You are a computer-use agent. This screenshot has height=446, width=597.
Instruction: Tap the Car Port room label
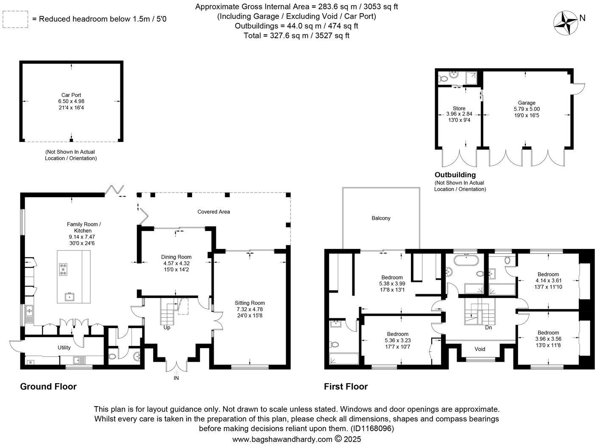pos(71,95)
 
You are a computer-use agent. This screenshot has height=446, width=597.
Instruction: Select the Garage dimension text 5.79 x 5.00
pos(527,109)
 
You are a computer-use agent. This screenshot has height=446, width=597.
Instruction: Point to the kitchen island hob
pos(64,269)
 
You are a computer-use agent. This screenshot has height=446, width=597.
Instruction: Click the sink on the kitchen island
pos(69,297)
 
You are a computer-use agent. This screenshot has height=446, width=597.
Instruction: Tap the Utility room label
pos(64,348)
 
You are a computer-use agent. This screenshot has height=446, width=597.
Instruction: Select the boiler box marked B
pos(30,362)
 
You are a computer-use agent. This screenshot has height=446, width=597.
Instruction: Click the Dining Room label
pos(176,257)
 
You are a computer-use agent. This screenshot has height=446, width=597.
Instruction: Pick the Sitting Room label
pos(250,303)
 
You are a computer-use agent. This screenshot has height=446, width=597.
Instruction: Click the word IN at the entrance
pos(176,378)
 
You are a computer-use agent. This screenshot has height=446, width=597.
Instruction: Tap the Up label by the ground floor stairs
pos(167,327)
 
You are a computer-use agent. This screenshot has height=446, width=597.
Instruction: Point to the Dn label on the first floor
pos(488,327)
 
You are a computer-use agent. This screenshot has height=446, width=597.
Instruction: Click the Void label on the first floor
pos(480,349)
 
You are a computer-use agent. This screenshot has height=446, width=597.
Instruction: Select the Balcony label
pos(381,218)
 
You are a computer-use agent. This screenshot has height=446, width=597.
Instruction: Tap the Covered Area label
pos(214,212)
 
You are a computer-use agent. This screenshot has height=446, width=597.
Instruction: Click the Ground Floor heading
pos(48,386)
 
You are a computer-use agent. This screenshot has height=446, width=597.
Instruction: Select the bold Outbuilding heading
pos(455,175)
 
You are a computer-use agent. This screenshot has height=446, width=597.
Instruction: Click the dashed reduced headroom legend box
pos(15,19)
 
